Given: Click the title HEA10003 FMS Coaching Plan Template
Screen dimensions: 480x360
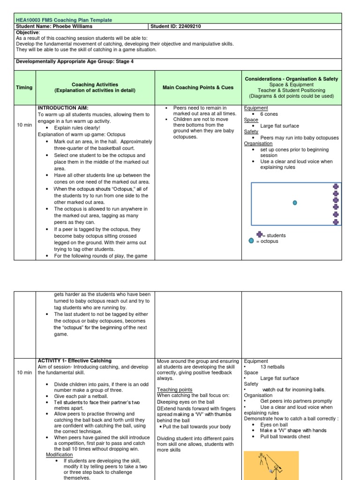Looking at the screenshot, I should click(64, 20).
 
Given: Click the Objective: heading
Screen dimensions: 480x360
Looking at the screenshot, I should click(28, 32).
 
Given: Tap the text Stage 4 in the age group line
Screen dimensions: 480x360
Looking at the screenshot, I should click(124, 61).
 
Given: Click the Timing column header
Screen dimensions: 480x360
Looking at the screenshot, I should click(24, 87).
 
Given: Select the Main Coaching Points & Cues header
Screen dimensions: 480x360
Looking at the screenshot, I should click(198, 87).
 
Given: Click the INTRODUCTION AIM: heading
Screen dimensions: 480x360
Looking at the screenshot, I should click(63, 108).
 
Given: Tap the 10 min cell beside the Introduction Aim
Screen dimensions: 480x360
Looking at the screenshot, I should click(24, 125).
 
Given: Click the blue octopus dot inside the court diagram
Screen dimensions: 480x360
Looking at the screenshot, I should click(295, 203).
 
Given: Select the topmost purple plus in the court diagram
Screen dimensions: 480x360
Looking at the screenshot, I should click(336, 187).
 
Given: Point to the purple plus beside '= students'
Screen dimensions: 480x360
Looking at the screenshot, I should click(259, 234).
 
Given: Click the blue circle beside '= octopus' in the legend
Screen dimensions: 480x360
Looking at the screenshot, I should click(251, 241).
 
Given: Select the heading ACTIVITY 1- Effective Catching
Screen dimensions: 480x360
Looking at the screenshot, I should click(75, 360).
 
